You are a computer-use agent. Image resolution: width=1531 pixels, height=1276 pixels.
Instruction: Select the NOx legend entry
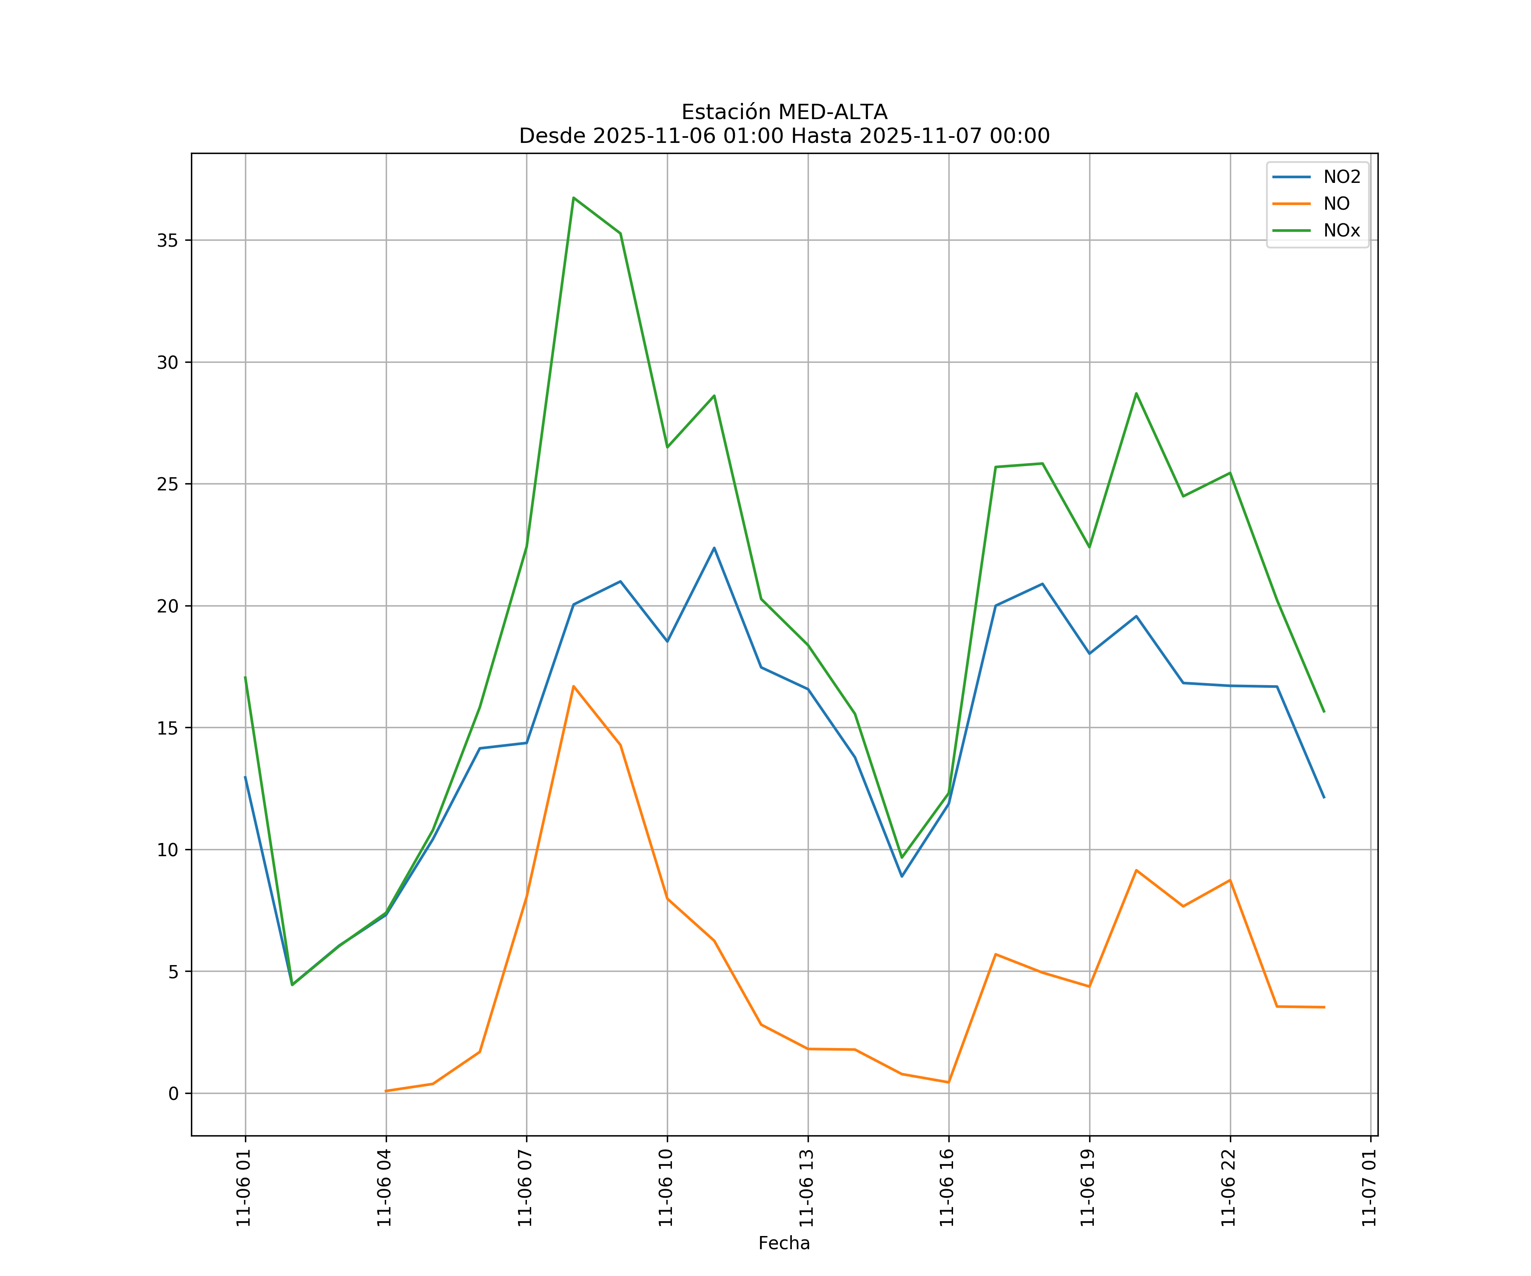(1317, 231)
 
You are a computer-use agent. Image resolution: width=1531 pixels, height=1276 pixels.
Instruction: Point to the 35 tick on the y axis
(167, 241)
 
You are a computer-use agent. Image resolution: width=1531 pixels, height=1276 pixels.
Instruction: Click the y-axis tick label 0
(174, 1094)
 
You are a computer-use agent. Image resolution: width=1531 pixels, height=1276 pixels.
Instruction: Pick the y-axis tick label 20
(167, 606)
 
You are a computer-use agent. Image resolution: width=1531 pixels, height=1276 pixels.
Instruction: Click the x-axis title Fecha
(784, 1243)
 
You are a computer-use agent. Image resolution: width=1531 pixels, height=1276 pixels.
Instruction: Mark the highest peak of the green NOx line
(574, 198)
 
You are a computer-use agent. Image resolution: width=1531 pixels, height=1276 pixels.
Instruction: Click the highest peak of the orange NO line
(574, 686)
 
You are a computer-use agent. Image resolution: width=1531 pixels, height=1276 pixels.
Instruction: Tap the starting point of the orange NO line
(386, 1091)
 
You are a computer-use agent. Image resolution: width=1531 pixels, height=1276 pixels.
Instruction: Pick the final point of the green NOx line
(1324, 712)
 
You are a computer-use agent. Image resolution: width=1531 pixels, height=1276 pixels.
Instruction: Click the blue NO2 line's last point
(1324, 797)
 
